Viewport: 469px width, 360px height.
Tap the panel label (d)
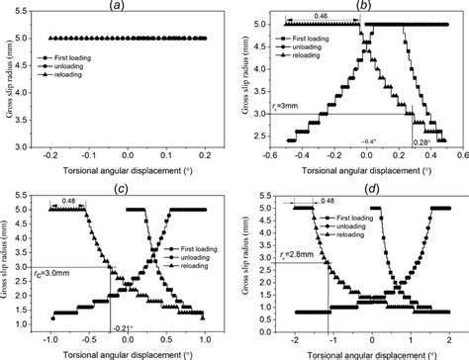point(362,186)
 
